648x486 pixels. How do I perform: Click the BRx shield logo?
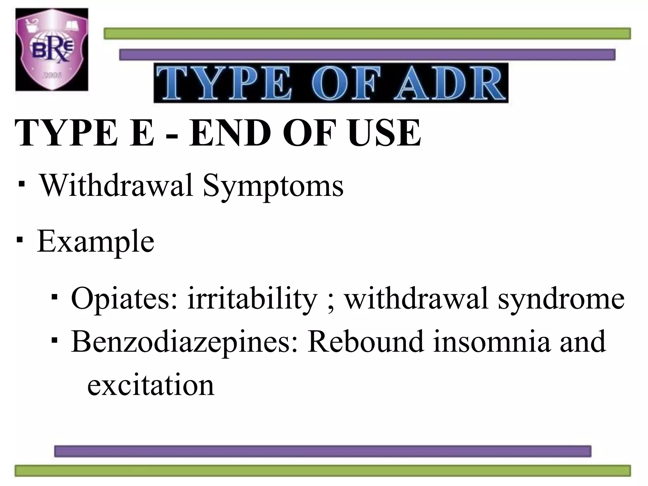[52, 50]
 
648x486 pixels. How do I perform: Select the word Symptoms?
[273, 187]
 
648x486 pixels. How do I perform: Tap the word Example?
[96, 241]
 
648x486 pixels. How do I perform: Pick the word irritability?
[252, 298]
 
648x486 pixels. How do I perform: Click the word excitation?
[151, 385]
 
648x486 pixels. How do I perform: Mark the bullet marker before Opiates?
[54, 297]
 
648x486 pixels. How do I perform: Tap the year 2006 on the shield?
[52, 75]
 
